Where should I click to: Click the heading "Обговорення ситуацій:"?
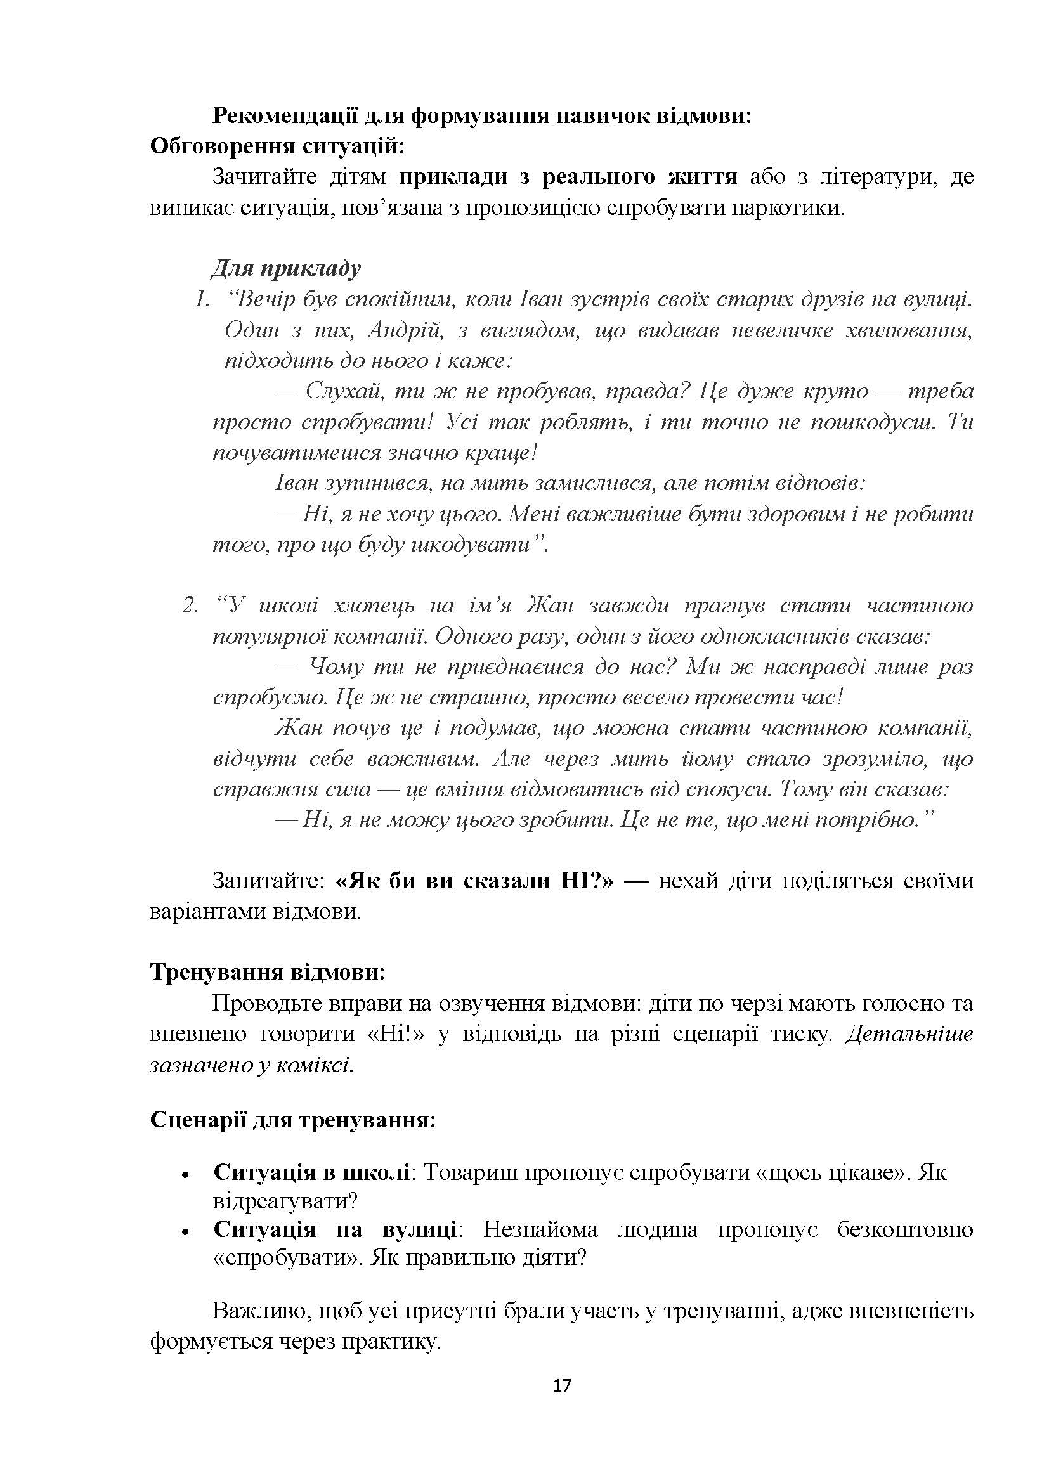click(277, 146)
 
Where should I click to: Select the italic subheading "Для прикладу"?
click(286, 268)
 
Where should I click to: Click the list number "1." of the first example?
click(202, 300)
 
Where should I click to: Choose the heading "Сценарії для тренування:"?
click(292, 1119)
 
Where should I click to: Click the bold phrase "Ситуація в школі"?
click(311, 1172)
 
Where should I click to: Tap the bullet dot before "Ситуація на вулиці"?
click(185, 1233)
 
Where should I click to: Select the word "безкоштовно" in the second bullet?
click(905, 1229)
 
